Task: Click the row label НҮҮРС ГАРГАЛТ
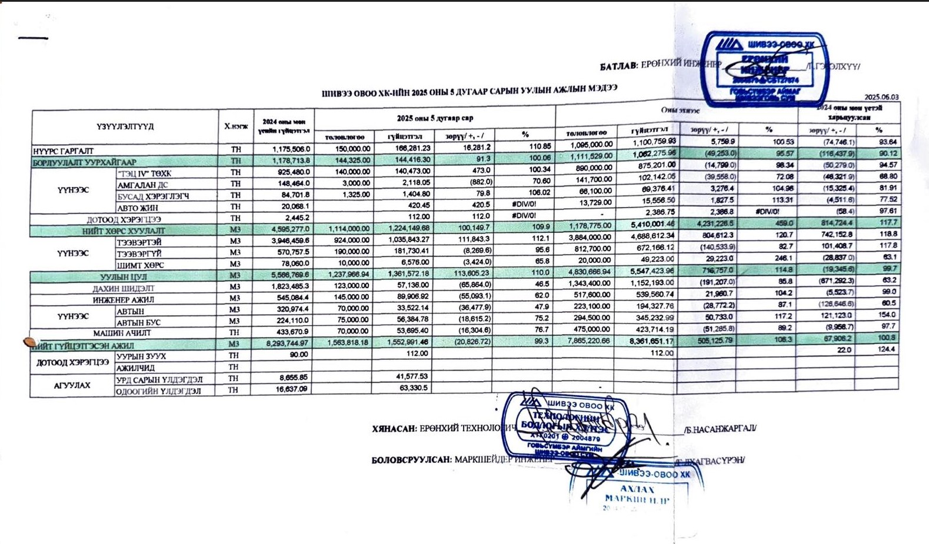(64, 151)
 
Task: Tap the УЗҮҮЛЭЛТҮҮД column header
(125, 126)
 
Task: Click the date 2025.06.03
(881, 97)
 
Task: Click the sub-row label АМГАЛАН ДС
(143, 185)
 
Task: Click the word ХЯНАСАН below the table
(394, 429)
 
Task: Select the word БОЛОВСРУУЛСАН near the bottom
(411, 460)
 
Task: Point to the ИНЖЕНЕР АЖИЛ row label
(124, 300)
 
